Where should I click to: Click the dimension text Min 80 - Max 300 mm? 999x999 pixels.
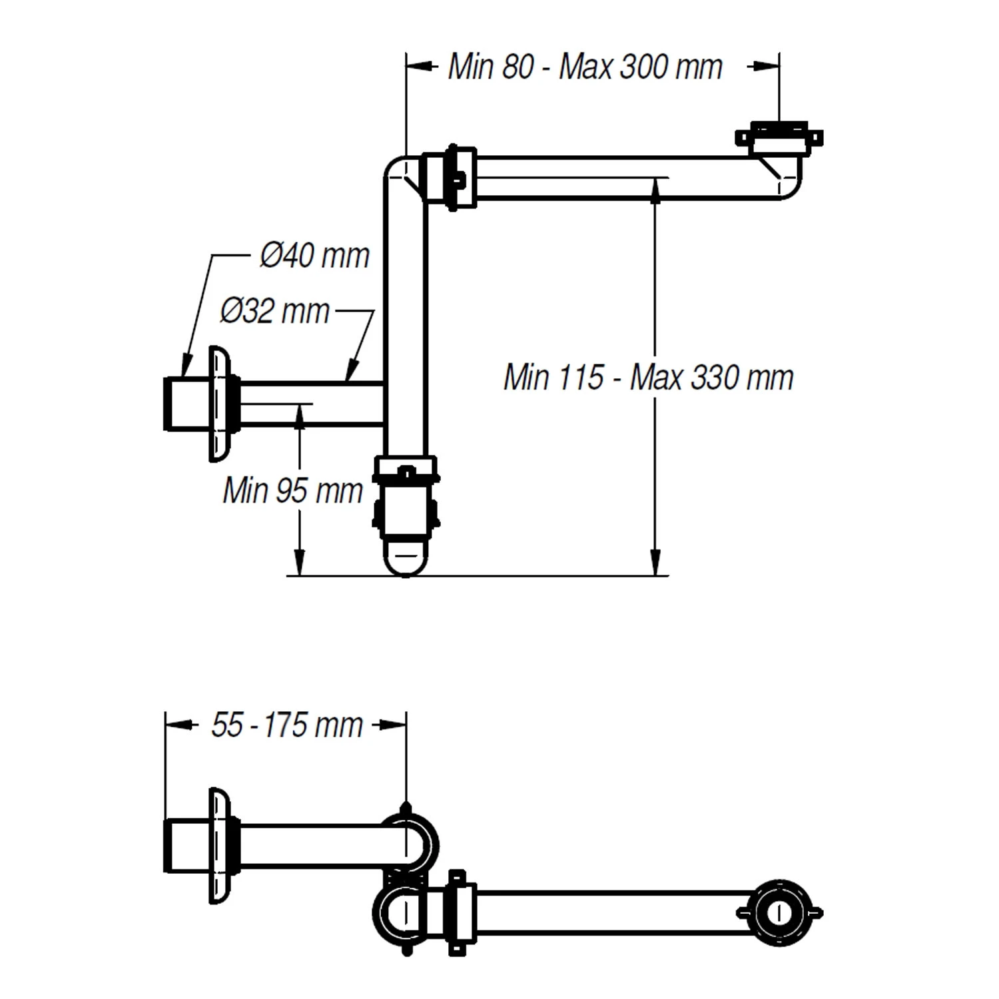click(x=585, y=67)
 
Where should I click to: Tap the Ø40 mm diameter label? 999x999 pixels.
click(x=314, y=256)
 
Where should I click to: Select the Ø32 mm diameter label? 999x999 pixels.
click(x=274, y=311)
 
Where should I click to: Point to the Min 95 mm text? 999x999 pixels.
click(x=292, y=491)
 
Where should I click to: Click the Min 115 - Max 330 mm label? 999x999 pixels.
click(x=648, y=378)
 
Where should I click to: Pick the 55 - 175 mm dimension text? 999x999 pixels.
click(x=286, y=725)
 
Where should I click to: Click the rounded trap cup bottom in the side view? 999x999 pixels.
click(x=405, y=558)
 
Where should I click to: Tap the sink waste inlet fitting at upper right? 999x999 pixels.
click(x=779, y=139)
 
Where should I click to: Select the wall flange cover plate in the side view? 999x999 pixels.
click(x=218, y=404)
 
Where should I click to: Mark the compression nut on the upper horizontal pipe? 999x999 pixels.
click(x=452, y=178)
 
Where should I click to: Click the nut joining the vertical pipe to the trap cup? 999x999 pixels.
click(x=405, y=470)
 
